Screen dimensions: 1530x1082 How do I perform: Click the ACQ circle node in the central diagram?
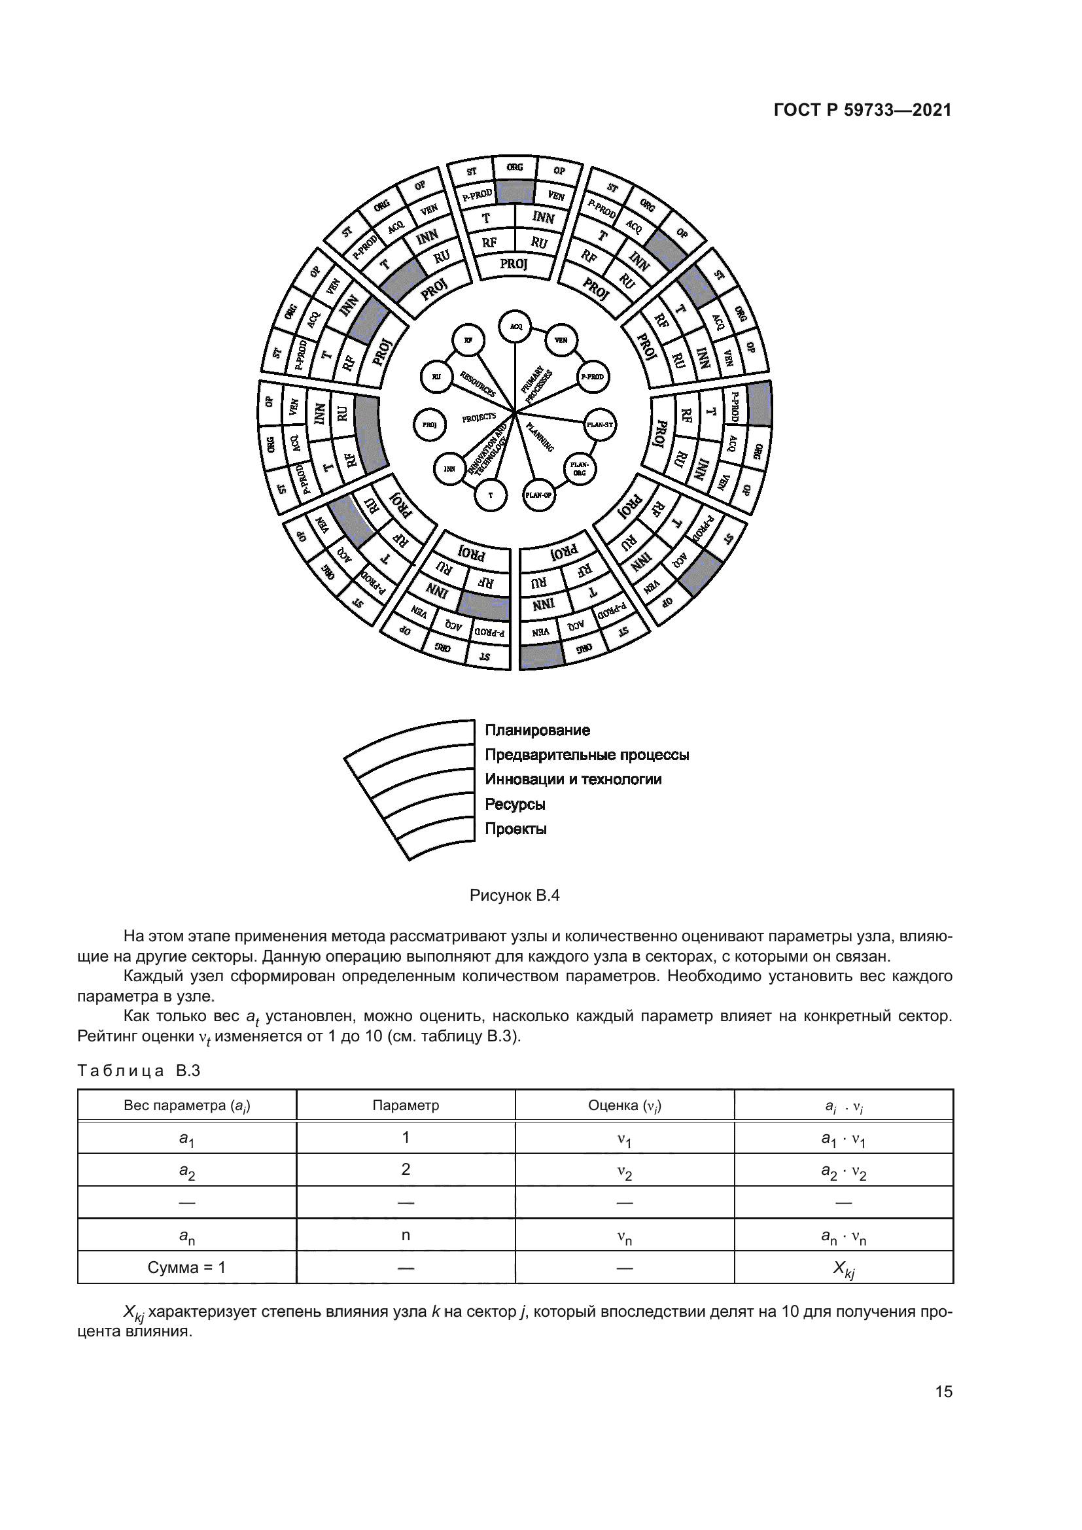click(515, 326)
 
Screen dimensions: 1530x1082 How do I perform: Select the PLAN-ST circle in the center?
click(600, 425)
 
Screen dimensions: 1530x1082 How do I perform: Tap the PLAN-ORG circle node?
click(580, 468)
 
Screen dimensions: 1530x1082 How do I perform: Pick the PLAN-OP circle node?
click(539, 495)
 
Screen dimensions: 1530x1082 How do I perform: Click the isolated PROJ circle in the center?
click(430, 425)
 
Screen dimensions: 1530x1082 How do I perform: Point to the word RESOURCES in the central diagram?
click(478, 384)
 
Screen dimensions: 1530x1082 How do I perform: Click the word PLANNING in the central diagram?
click(540, 437)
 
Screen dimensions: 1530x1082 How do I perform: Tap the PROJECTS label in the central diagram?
click(479, 417)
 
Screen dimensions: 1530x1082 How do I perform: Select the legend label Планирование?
click(537, 731)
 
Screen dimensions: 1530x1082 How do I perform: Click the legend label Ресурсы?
click(514, 805)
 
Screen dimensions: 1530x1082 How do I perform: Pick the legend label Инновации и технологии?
click(573, 780)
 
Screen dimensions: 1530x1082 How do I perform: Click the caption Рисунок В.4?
click(514, 895)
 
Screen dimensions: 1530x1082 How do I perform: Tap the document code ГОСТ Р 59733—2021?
click(862, 110)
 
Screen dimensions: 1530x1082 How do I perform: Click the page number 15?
click(943, 1391)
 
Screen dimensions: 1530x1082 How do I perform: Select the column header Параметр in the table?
click(406, 1105)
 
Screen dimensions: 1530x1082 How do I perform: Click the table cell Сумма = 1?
click(186, 1268)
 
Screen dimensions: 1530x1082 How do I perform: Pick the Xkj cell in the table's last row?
click(843, 1268)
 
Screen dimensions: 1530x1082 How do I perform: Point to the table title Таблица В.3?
click(139, 1071)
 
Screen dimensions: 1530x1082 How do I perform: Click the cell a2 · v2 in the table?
click(843, 1172)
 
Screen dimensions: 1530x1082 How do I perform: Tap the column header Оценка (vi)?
click(624, 1105)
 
